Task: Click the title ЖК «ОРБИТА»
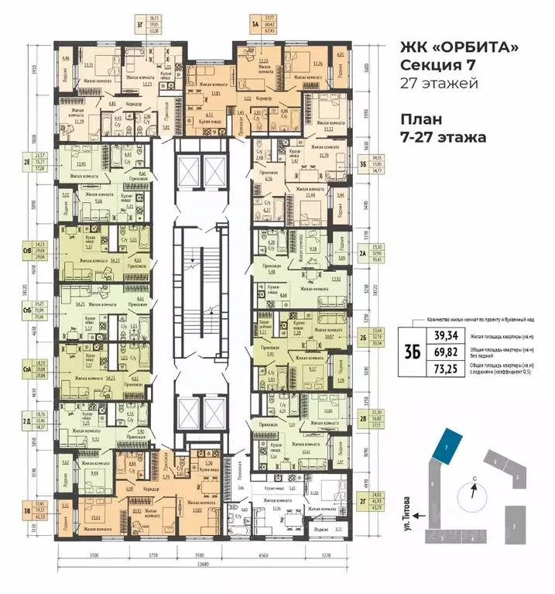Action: coord(459,48)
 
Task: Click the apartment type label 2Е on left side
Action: coord(27,162)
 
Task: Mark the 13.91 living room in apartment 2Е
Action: coord(81,163)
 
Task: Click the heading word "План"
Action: coord(421,121)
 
